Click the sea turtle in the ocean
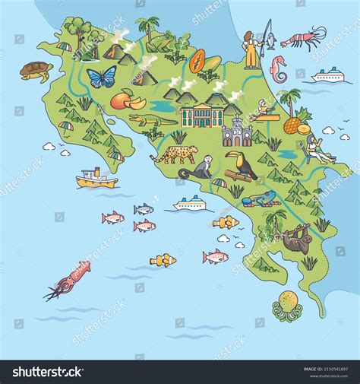[x=36, y=71]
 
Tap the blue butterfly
[x=101, y=76]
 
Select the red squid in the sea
[x=68, y=278]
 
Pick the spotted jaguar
[x=174, y=154]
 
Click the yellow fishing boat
[x=96, y=179]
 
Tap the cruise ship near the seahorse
[x=328, y=75]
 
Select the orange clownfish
[x=226, y=222]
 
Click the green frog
[x=161, y=44]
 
